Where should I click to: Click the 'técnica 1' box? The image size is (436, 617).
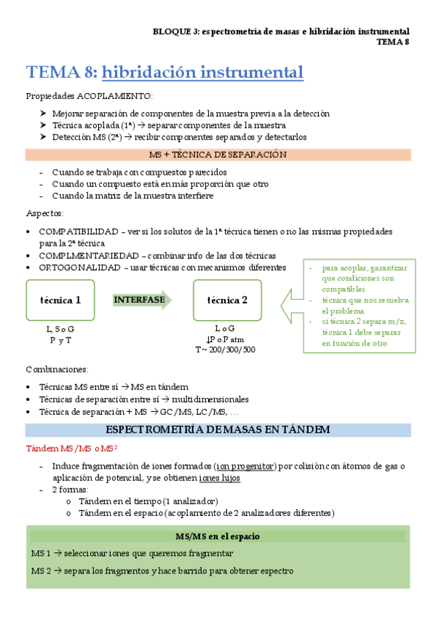pyautogui.click(x=60, y=300)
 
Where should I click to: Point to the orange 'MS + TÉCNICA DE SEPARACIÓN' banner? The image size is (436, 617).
pyautogui.click(x=218, y=155)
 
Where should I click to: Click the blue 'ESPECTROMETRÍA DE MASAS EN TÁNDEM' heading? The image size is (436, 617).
pyautogui.click(x=218, y=430)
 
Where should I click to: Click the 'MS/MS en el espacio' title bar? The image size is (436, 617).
pyautogui.click(x=218, y=536)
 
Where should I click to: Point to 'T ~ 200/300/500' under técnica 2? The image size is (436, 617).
pyautogui.click(x=225, y=349)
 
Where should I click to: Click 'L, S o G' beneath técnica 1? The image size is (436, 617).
pyautogui.click(x=60, y=329)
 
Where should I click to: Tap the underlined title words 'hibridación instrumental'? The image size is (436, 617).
pyautogui.click(x=202, y=73)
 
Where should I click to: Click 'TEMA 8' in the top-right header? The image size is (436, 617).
pyautogui.click(x=393, y=41)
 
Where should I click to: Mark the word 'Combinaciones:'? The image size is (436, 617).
pyautogui.click(x=58, y=370)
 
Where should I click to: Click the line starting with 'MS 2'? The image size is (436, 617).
pyautogui.click(x=162, y=571)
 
